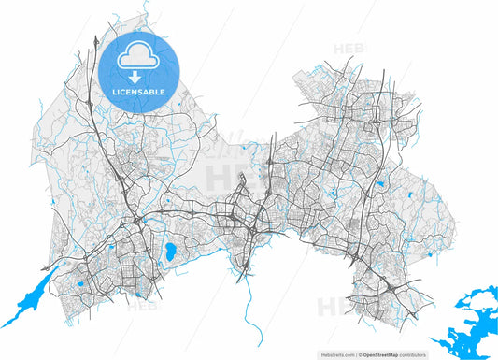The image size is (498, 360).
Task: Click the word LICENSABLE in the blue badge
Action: click(138, 93)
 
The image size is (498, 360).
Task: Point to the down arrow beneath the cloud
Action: click(137, 77)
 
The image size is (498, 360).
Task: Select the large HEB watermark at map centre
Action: click(229, 174)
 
